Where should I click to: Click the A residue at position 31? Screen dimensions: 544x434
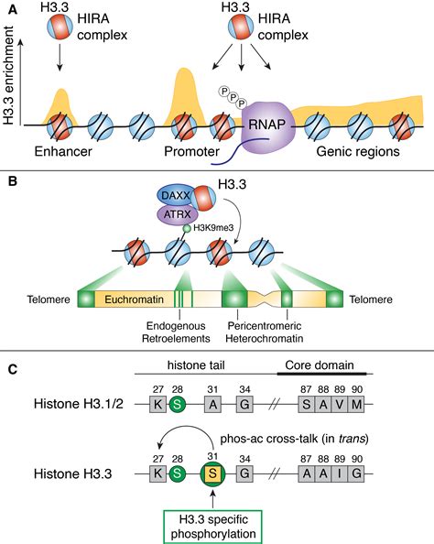coord(212,403)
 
